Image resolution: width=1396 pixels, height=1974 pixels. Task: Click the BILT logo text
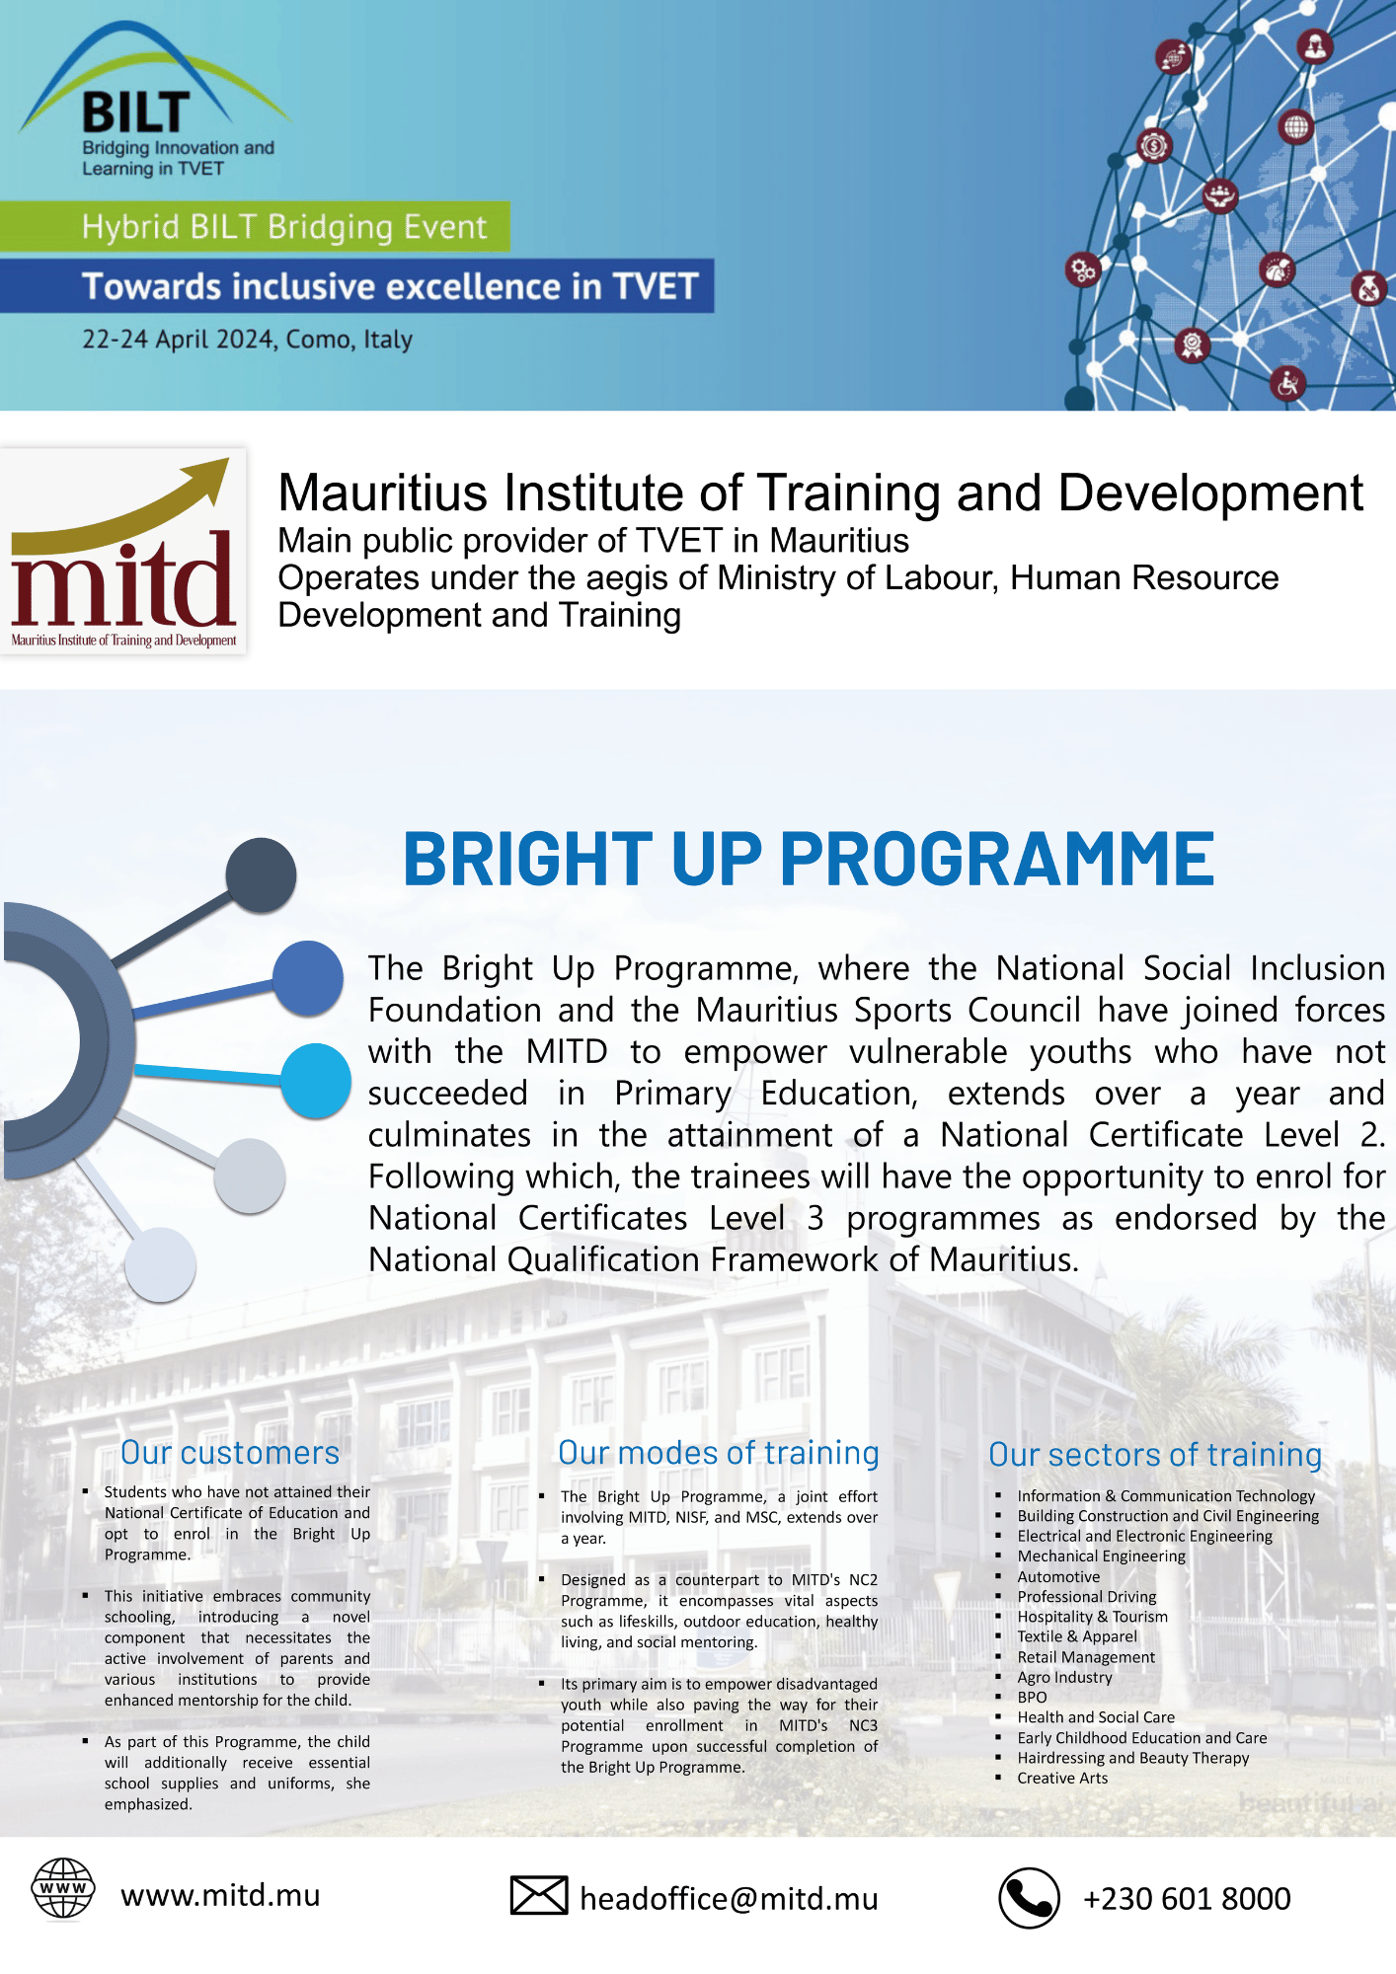click(136, 113)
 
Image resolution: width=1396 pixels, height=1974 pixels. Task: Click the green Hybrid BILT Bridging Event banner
click(255, 227)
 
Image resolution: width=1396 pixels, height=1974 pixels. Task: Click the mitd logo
click(123, 551)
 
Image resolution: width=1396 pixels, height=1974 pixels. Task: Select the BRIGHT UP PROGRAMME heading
click(809, 859)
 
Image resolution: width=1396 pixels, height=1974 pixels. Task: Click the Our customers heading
click(230, 1453)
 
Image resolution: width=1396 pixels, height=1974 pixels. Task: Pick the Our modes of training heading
click(719, 1453)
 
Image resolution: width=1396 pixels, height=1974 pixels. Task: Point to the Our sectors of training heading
click(1155, 1455)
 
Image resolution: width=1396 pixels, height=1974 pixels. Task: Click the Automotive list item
click(1058, 1577)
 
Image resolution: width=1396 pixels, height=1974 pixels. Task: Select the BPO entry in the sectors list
click(1032, 1698)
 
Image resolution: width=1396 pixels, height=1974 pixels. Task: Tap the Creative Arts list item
click(1062, 1779)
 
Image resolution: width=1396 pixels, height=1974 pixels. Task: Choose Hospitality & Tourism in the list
click(1092, 1617)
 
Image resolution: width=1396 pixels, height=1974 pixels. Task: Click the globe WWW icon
click(63, 1888)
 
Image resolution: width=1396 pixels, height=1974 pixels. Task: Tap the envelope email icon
click(539, 1895)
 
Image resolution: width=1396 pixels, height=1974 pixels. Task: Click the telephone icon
click(1029, 1898)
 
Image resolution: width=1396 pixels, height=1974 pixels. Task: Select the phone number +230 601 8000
click(1187, 1898)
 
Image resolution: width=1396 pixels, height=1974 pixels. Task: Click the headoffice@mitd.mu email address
click(729, 1899)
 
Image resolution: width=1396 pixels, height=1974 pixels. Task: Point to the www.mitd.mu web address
click(220, 1895)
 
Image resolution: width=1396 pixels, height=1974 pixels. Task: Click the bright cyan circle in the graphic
click(316, 1081)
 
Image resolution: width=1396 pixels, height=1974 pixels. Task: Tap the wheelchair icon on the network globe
click(1287, 383)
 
